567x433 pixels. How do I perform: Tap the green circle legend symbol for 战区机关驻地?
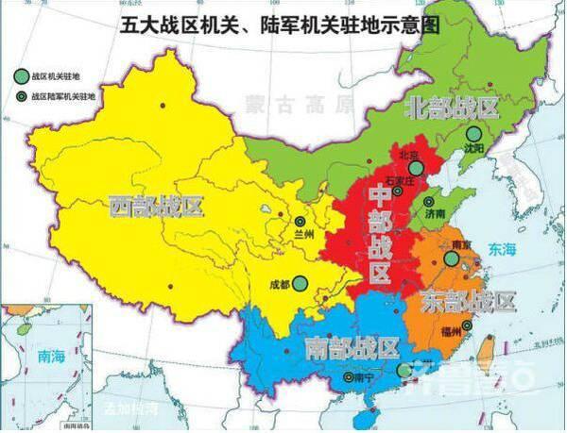coord(20,75)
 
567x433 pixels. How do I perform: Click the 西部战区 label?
coord(156,207)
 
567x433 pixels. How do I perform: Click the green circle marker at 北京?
coord(414,169)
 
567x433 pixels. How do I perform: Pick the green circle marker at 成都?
coord(300,282)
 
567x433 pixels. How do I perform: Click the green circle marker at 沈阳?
coord(472,134)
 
